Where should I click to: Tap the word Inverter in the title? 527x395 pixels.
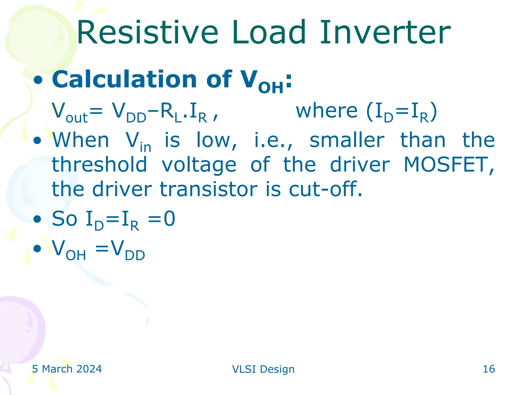(x=385, y=33)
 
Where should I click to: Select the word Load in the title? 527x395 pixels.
(x=269, y=33)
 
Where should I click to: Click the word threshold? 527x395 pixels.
(x=99, y=165)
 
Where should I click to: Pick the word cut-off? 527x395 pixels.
(x=325, y=189)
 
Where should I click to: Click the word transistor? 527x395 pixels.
(x=208, y=189)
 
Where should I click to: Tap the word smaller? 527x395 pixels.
(x=347, y=140)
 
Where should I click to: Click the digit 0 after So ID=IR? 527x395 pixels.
(x=170, y=219)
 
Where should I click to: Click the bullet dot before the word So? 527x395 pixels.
(x=37, y=219)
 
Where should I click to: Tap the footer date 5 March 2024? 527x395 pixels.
(x=67, y=369)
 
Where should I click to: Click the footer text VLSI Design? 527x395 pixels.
(x=263, y=369)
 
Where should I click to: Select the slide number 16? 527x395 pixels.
(x=489, y=369)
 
